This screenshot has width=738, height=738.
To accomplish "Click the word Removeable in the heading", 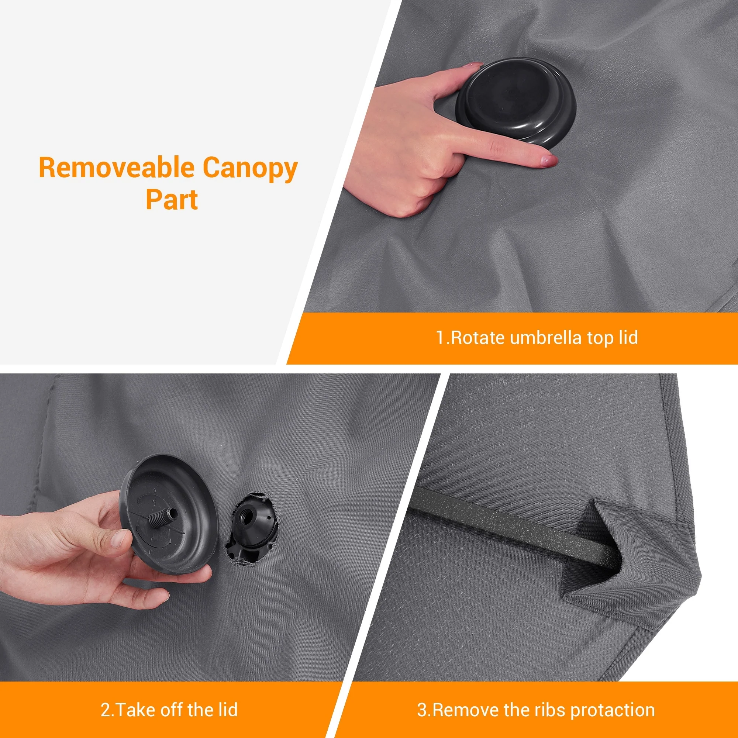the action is point(116,168).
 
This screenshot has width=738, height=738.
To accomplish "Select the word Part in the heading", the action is point(172,199).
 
